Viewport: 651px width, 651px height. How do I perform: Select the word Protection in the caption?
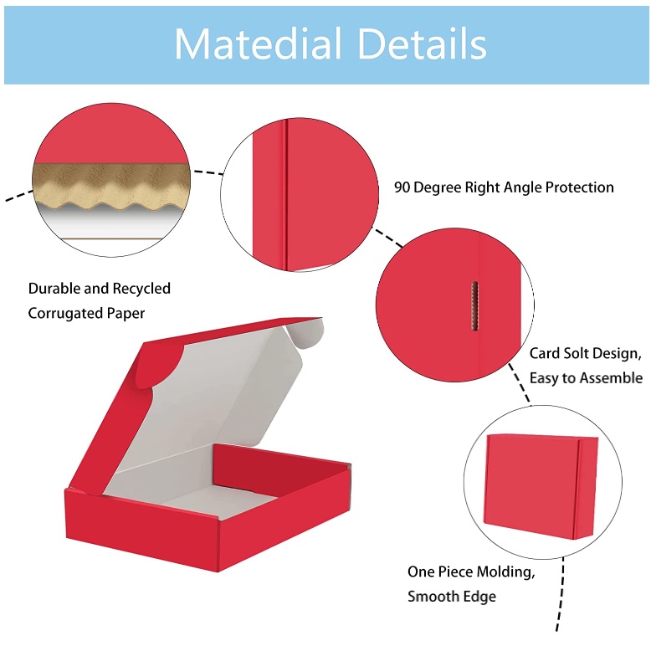[580, 187]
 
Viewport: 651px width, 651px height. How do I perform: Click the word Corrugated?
[64, 313]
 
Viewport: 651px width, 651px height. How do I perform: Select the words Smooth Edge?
[451, 597]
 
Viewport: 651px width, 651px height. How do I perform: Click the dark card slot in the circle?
[474, 305]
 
